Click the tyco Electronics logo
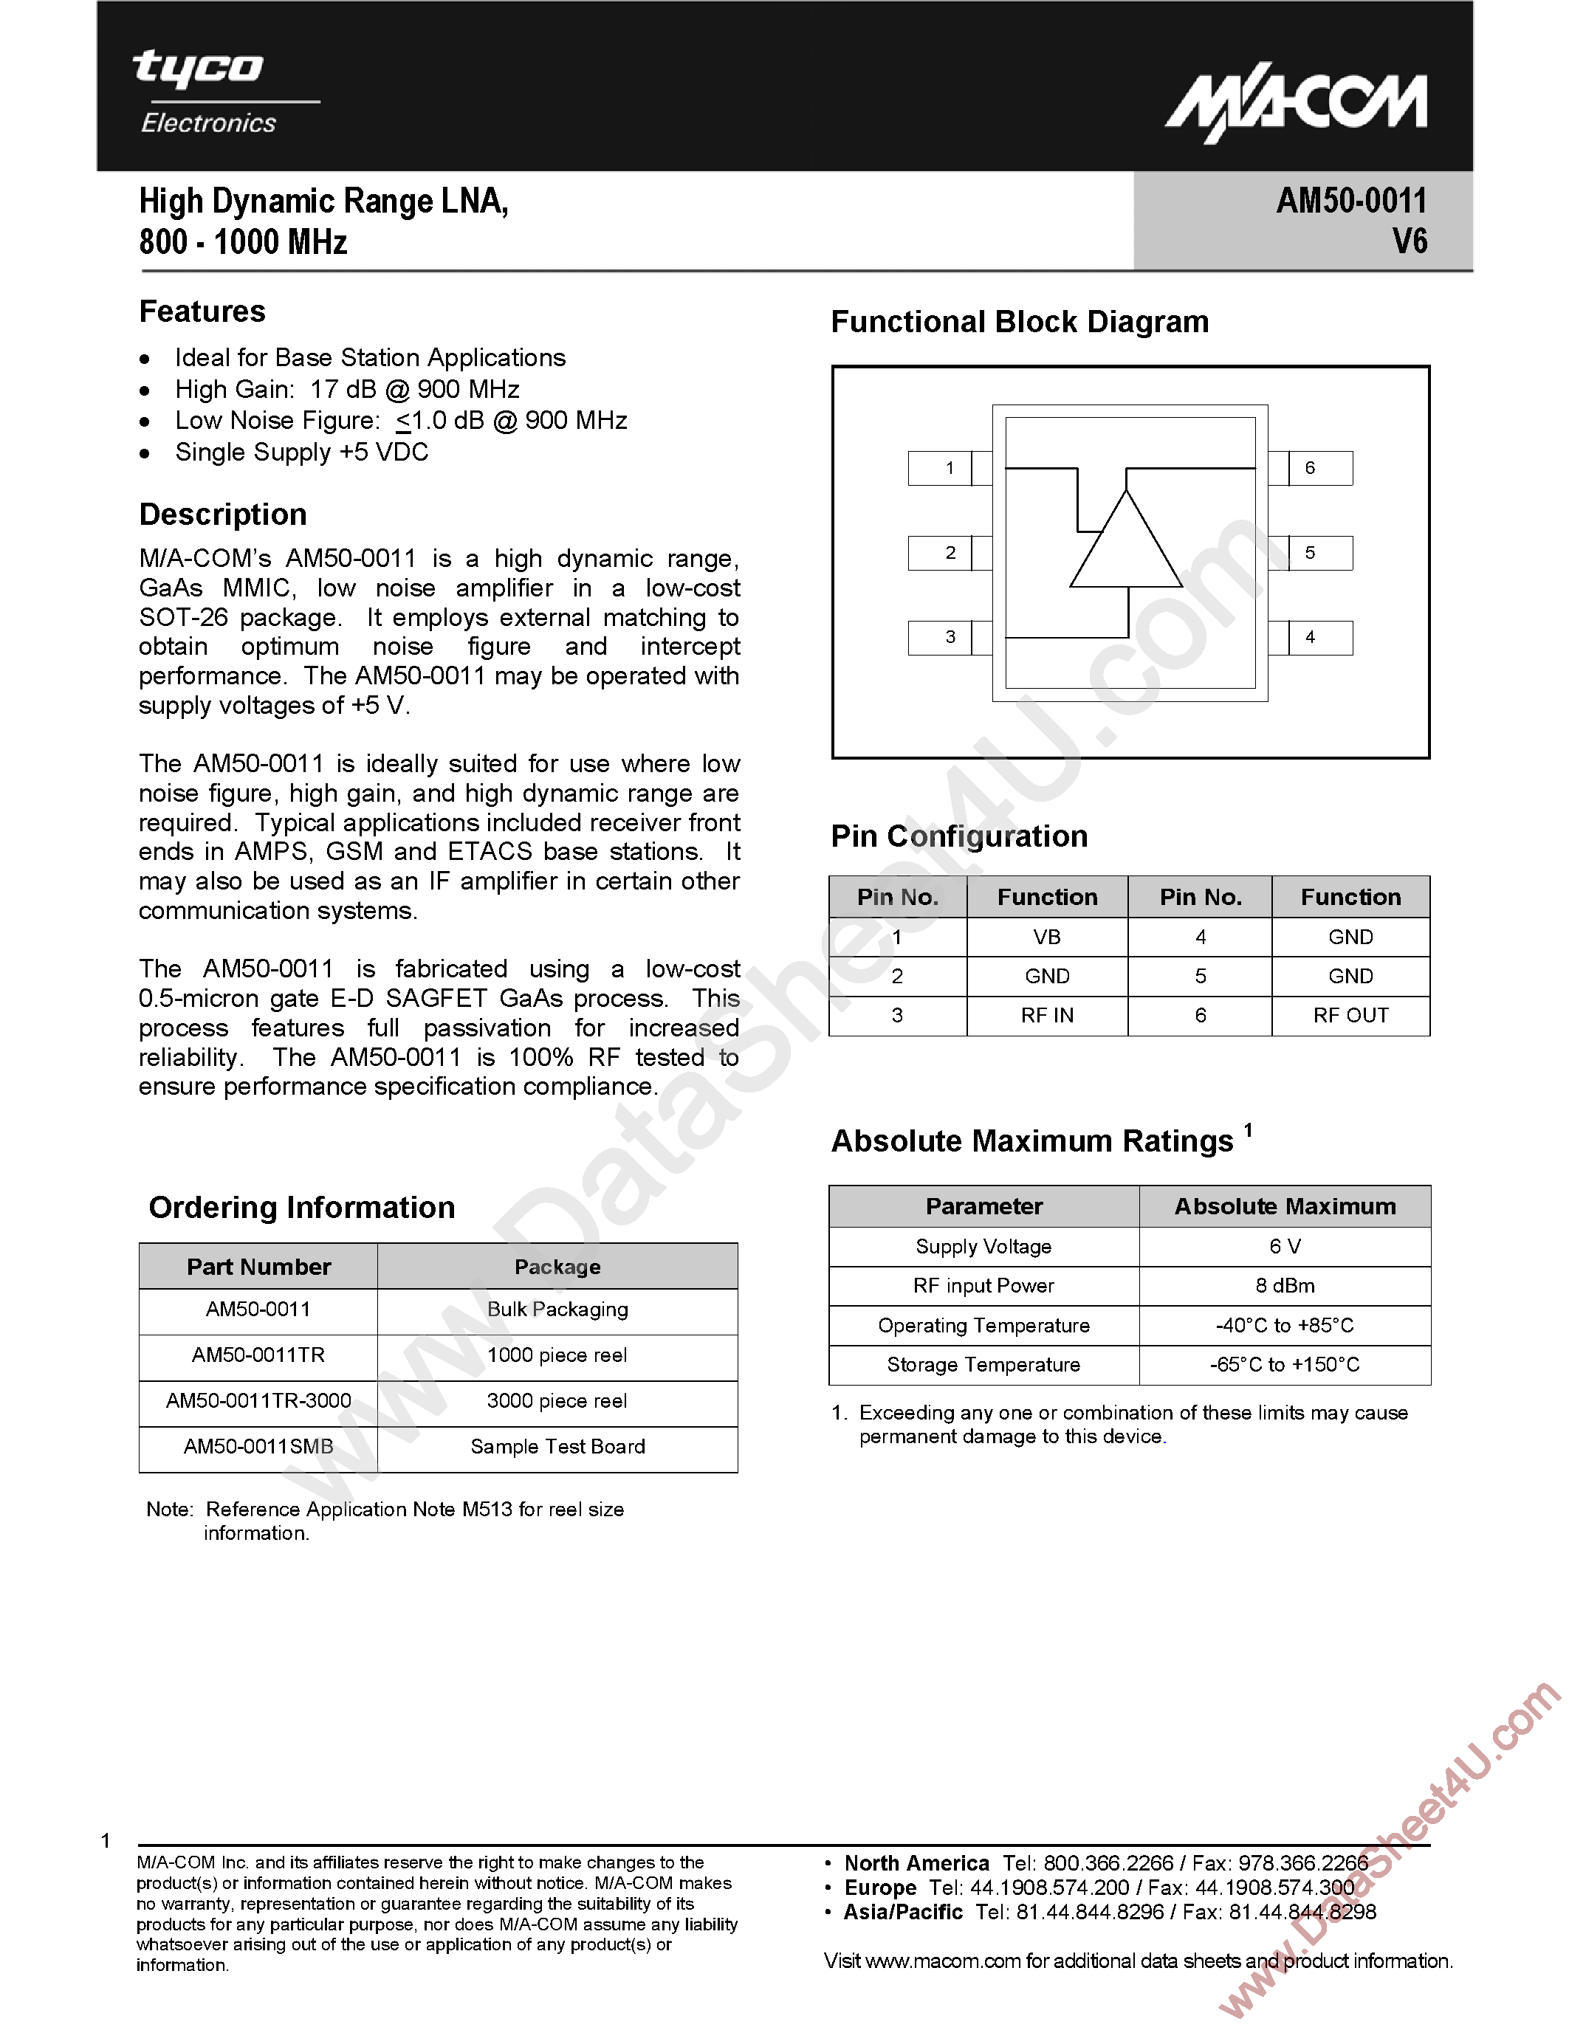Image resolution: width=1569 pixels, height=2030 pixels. coord(208,91)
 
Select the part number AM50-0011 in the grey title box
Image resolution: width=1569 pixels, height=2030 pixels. coord(1350,201)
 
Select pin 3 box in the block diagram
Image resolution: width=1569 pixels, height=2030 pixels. coord(941,638)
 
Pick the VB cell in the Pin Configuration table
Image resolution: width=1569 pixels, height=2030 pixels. coord(1047,937)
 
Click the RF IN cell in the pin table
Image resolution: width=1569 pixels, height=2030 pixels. coord(1047,1015)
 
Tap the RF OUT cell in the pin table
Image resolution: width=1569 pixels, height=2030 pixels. coord(1350,1015)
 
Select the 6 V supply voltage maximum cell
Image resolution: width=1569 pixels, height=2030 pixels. coord(1285,1247)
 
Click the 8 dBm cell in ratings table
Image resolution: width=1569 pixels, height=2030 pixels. coord(1285,1285)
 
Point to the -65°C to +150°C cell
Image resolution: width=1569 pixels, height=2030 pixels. coord(1285,1364)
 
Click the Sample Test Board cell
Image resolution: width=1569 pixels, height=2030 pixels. coord(557,1446)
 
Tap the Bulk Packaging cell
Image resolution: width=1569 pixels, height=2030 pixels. coord(557,1310)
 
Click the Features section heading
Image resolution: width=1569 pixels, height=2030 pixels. coord(202,312)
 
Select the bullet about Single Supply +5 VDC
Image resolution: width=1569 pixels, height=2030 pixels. coord(301,453)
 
